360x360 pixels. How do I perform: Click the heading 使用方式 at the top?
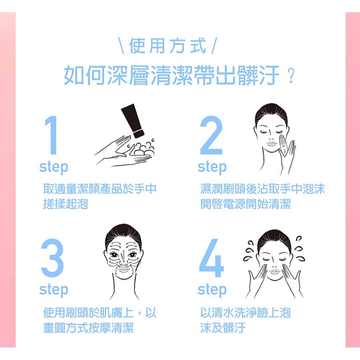click(x=167, y=46)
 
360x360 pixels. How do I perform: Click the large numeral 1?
click(x=51, y=135)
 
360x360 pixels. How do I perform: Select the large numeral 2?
click(x=211, y=135)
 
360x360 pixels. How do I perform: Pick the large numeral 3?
click(x=52, y=258)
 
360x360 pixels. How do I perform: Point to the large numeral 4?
click(x=211, y=258)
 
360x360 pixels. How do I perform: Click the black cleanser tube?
click(x=133, y=121)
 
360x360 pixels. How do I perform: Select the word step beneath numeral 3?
click(x=54, y=290)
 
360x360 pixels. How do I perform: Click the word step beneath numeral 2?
click(x=212, y=167)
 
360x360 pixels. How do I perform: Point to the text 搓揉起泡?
click(x=66, y=204)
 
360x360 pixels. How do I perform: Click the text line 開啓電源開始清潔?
click(x=246, y=204)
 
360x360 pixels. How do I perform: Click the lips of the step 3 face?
click(x=124, y=269)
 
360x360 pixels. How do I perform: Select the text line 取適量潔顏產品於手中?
click(x=100, y=189)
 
